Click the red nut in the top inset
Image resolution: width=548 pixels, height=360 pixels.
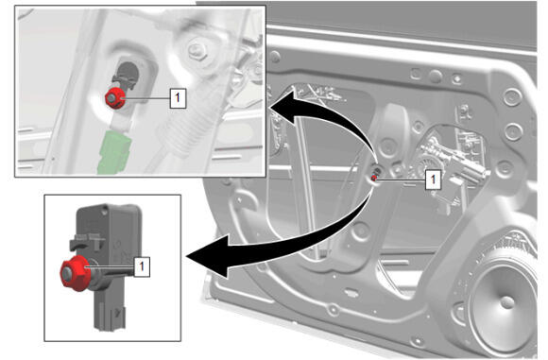114,98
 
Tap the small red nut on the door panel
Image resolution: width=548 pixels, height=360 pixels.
373,179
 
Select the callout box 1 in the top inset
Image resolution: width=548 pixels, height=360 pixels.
178,98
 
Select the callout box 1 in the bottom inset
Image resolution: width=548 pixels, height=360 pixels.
142,266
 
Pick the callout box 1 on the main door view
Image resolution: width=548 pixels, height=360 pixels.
433,180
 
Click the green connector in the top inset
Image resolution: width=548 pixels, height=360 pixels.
114,151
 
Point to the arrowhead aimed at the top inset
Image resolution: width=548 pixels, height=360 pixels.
283,106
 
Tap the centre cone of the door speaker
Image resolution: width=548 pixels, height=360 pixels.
506,302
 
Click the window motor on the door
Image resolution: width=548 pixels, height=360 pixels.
451,164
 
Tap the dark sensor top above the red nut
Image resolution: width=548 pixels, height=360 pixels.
127,75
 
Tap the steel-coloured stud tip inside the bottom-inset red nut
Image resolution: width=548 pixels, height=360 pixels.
68,273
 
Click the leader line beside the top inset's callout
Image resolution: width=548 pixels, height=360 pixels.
147,98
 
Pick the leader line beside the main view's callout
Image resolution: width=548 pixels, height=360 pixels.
401,180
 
